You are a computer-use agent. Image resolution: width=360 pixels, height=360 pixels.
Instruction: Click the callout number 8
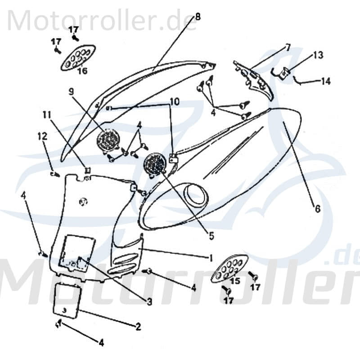coord(197,18)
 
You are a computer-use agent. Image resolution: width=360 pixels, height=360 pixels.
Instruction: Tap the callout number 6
coord(317,209)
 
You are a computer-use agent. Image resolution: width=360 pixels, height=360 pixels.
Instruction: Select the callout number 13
coord(318,55)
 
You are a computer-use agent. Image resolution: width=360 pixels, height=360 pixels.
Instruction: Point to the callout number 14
coord(325,81)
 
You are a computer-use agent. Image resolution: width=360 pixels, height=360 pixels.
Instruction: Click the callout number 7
coord(288,47)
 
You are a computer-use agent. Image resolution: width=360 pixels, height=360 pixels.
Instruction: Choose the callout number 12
coord(41,135)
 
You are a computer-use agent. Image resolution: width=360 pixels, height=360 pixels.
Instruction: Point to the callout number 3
coord(149,301)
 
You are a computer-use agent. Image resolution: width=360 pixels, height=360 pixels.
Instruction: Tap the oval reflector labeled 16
coord(78,57)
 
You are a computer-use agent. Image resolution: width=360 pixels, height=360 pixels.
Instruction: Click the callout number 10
coord(174,102)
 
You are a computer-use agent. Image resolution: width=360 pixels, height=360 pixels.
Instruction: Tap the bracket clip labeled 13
coord(283,73)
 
